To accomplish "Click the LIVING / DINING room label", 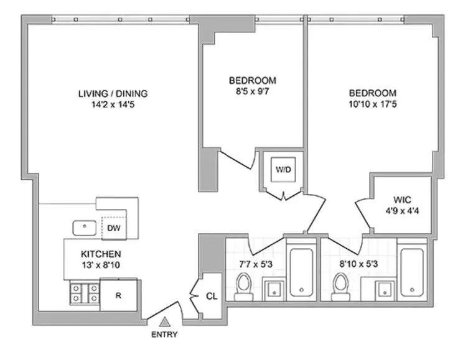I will tap(113, 94).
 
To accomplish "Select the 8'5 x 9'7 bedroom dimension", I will tap(252, 91).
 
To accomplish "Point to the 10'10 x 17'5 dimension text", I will tap(372, 104).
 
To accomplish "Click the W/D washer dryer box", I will tap(283, 168).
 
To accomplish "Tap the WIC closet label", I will tap(402, 200).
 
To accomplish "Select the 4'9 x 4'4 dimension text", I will tap(402, 211).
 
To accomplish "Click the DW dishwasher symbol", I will tap(114, 228).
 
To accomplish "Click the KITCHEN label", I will tap(100, 254).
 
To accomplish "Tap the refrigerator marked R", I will tap(118, 295).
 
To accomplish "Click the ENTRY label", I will tap(165, 335).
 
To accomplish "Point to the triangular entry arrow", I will tap(165, 321).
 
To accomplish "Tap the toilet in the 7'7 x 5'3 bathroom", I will tap(243, 286).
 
